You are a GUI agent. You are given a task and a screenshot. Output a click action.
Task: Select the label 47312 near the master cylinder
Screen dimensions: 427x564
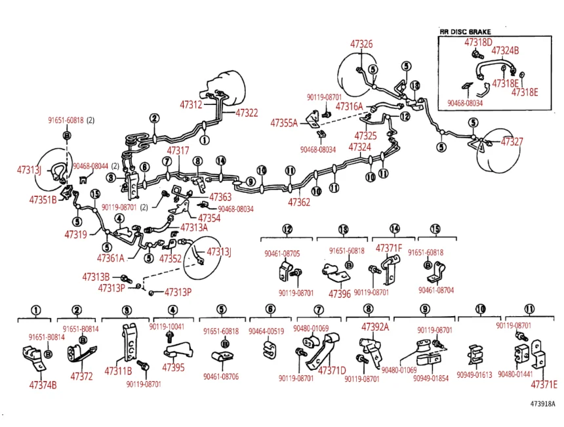pos(191,104)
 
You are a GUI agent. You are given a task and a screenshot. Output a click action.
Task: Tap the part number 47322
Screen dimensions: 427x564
pos(247,113)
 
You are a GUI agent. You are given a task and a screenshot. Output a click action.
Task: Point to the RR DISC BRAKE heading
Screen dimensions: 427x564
pos(465,31)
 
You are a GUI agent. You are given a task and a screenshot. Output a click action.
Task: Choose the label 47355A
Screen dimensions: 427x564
pos(284,123)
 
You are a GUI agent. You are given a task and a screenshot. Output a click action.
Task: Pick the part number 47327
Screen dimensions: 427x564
pos(512,142)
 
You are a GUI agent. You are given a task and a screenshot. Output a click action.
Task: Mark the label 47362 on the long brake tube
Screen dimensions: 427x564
pos(299,201)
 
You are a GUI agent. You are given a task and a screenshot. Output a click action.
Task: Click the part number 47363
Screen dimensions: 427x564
pos(220,197)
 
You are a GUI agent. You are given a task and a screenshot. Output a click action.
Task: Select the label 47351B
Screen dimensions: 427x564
pos(43,199)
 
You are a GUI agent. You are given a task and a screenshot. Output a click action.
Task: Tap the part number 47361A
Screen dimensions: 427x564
pos(111,258)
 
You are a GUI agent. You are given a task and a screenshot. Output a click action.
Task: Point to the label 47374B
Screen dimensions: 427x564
pos(43,385)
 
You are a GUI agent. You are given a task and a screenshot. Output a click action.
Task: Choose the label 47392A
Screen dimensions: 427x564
pos(374,327)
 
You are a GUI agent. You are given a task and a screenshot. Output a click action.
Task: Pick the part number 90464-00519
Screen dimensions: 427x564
pos(266,332)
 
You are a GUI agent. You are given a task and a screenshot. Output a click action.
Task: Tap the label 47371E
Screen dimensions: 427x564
pos(544,384)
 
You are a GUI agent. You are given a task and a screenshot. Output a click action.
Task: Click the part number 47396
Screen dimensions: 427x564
pos(340,293)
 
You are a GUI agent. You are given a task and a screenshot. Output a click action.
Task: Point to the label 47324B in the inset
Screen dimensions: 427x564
pos(505,51)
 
